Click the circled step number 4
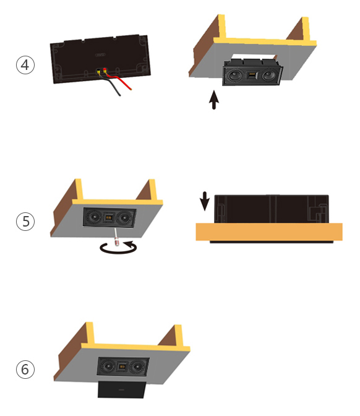pos(25,65)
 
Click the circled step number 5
pos(25,221)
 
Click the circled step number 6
pos(25,369)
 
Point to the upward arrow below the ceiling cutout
pos(214,100)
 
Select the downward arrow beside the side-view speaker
pos(204,201)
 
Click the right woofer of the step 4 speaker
pos(268,76)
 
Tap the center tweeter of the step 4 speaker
pos(252,76)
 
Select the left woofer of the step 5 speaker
pos(93,217)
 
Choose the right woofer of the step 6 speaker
pos(137,367)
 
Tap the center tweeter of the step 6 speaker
pos(122,366)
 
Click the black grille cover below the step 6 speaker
pos(122,390)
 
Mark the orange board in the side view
pos(269,232)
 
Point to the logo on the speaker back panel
pos(100,55)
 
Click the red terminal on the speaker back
pos(105,70)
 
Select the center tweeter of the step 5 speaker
pos(108,217)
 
